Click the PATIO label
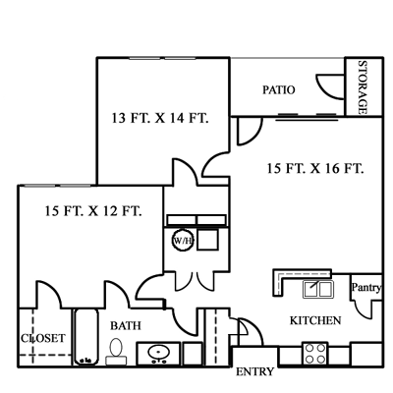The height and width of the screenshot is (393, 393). click(x=279, y=89)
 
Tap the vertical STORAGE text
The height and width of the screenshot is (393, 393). click(x=362, y=86)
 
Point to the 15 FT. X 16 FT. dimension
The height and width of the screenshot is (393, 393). click(x=316, y=168)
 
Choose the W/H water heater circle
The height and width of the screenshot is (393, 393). click(x=182, y=241)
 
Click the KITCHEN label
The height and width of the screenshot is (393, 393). click(x=314, y=321)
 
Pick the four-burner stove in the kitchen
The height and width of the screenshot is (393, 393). click(x=314, y=353)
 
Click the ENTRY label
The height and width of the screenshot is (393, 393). click(x=255, y=372)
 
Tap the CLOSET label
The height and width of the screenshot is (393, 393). click(x=42, y=338)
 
